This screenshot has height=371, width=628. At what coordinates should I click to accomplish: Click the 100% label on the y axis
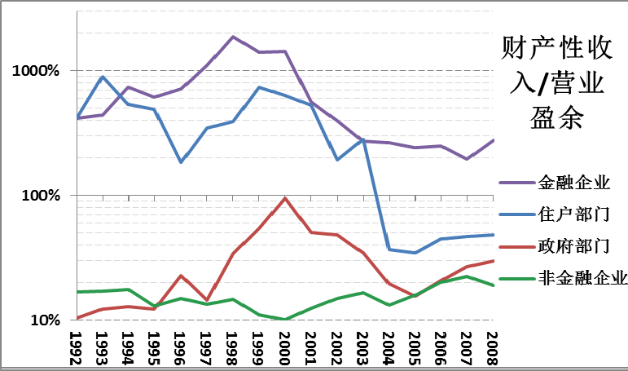[x=42, y=196]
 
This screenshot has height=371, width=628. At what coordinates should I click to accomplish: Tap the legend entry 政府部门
[x=574, y=245]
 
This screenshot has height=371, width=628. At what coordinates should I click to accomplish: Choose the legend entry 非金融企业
[x=582, y=277]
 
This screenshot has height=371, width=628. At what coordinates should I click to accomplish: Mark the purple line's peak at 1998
[x=233, y=37]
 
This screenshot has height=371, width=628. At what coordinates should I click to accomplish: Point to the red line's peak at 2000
[x=285, y=198]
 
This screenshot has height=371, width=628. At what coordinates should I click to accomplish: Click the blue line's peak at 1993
[x=103, y=77]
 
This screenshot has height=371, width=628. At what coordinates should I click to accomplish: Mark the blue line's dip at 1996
[x=181, y=162]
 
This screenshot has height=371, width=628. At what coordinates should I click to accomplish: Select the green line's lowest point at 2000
[x=285, y=320]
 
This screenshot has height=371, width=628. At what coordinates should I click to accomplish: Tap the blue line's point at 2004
[x=389, y=249]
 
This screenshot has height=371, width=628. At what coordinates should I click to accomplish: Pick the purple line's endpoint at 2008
[x=493, y=140]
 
